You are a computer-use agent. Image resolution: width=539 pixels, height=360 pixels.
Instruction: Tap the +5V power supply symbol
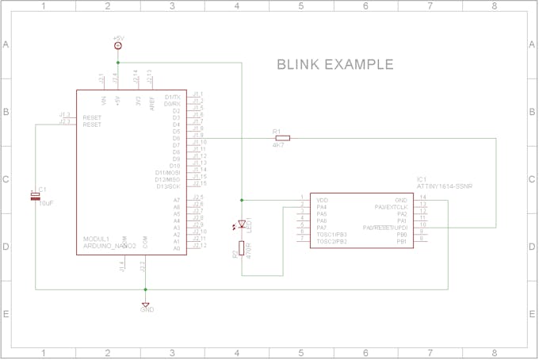[x=117, y=46]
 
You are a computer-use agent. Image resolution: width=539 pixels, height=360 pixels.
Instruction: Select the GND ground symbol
[x=146, y=304]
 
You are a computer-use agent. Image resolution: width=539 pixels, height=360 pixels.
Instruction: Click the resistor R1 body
[x=281, y=138]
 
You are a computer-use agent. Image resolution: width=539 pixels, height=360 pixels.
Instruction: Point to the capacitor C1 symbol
[x=35, y=195]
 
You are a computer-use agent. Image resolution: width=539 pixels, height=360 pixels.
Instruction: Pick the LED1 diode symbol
[x=242, y=225]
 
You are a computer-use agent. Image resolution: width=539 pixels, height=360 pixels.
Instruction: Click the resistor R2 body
[x=242, y=249]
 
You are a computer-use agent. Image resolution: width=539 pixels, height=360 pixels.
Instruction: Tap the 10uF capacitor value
[x=46, y=204]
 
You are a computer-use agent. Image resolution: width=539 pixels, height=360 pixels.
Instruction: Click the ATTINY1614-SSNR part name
[x=445, y=186]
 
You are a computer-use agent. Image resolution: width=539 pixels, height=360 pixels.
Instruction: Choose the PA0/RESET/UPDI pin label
[x=385, y=228]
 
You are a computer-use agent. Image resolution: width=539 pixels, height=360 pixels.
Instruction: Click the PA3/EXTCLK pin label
[x=391, y=207]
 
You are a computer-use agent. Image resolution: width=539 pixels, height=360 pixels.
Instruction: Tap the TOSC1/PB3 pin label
[x=332, y=235]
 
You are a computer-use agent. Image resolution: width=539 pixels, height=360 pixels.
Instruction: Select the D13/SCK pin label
[x=168, y=186]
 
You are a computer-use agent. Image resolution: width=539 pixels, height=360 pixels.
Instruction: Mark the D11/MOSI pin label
[x=168, y=172]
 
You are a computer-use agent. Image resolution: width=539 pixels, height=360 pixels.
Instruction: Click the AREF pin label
[x=151, y=101]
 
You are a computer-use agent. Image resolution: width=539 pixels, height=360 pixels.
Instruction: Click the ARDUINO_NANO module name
[x=109, y=246]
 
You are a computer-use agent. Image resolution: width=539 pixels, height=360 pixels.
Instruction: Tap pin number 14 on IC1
[x=422, y=197]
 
